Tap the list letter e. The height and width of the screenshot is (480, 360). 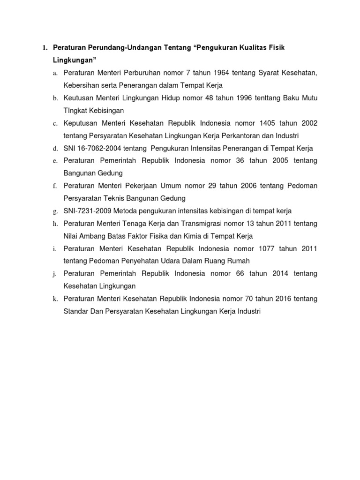coord(55,161)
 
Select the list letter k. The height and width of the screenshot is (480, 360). coord(55,299)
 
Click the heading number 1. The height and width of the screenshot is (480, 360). coord(45,48)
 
